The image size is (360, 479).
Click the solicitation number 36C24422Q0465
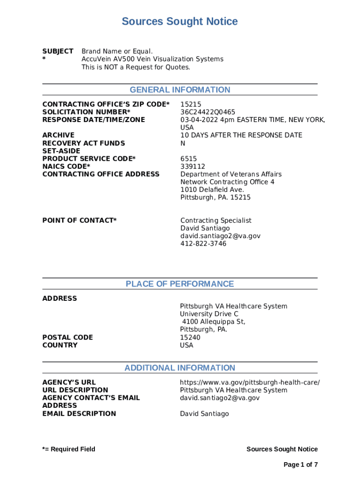click(x=208, y=112)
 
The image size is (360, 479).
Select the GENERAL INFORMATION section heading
click(x=180, y=90)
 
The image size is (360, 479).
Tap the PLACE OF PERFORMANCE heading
click(x=180, y=284)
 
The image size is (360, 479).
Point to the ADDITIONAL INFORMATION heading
click(x=180, y=368)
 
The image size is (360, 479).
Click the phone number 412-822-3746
click(x=203, y=244)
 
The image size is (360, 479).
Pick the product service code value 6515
click(x=189, y=159)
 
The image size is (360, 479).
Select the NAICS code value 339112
click(x=193, y=167)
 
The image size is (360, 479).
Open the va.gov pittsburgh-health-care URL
click(x=250, y=383)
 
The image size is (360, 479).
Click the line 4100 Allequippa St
click(x=214, y=322)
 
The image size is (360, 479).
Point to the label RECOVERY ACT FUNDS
click(x=84, y=143)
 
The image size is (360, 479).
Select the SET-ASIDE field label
click(x=61, y=151)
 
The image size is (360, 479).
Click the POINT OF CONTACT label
click(x=79, y=220)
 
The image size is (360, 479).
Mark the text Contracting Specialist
click(x=216, y=220)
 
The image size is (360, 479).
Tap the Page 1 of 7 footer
click(x=301, y=464)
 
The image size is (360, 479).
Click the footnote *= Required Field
click(x=69, y=449)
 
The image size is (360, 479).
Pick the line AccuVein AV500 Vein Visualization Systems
click(x=152, y=59)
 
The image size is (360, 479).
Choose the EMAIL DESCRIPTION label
click(x=79, y=414)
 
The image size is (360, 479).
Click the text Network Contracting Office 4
click(x=228, y=182)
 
